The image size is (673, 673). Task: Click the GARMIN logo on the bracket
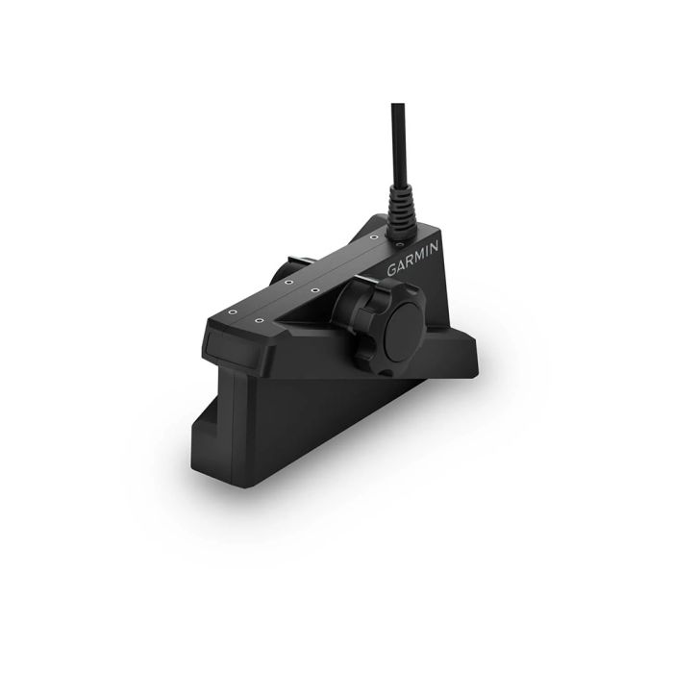pyautogui.click(x=413, y=259)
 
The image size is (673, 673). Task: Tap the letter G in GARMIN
pyautogui.click(x=393, y=271)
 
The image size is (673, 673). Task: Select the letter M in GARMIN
pyautogui.click(x=417, y=257)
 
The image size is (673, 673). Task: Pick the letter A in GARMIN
pyautogui.click(x=402, y=266)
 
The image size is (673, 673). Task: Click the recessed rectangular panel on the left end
pyautogui.click(x=218, y=342)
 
